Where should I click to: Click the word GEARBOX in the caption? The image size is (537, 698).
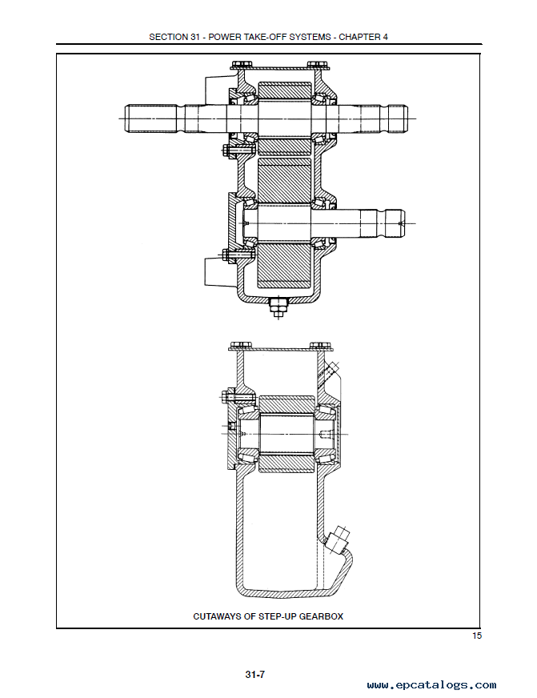(x=321, y=616)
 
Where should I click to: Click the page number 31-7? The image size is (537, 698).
(x=255, y=675)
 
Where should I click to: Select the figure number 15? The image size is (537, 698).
(x=476, y=636)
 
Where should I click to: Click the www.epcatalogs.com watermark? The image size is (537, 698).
(x=431, y=685)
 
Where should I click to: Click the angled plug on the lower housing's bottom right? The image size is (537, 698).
(x=337, y=538)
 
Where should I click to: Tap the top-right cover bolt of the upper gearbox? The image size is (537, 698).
(x=320, y=66)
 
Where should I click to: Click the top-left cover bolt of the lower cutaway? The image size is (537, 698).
(x=237, y=346)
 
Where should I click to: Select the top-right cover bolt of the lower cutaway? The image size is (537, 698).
(x=319, y=346)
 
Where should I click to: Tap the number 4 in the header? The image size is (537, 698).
(x=385, y=37)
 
